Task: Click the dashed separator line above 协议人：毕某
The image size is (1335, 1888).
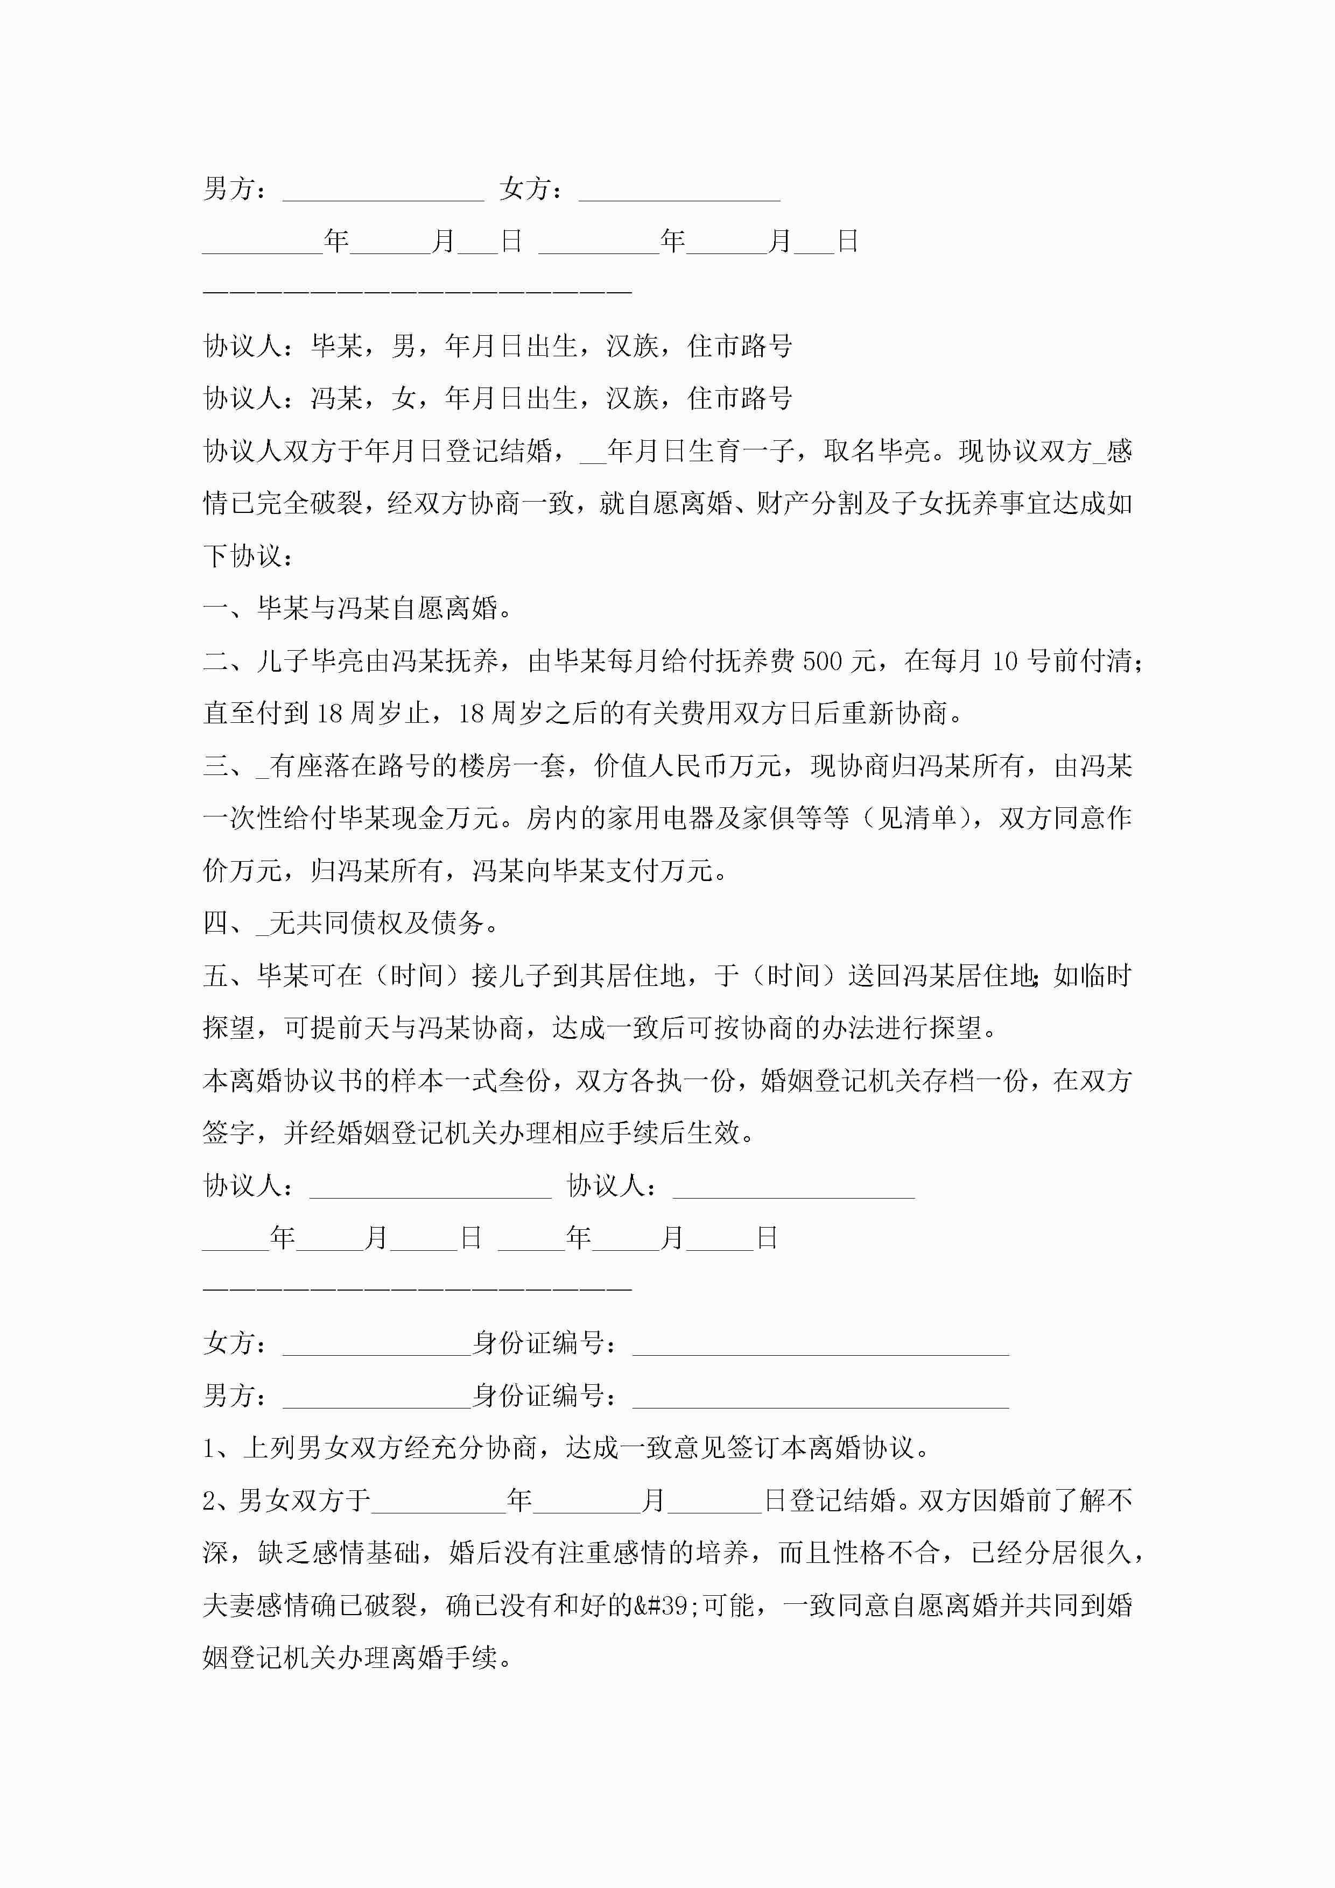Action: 417,292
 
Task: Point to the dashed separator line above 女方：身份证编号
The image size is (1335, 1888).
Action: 417,1288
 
